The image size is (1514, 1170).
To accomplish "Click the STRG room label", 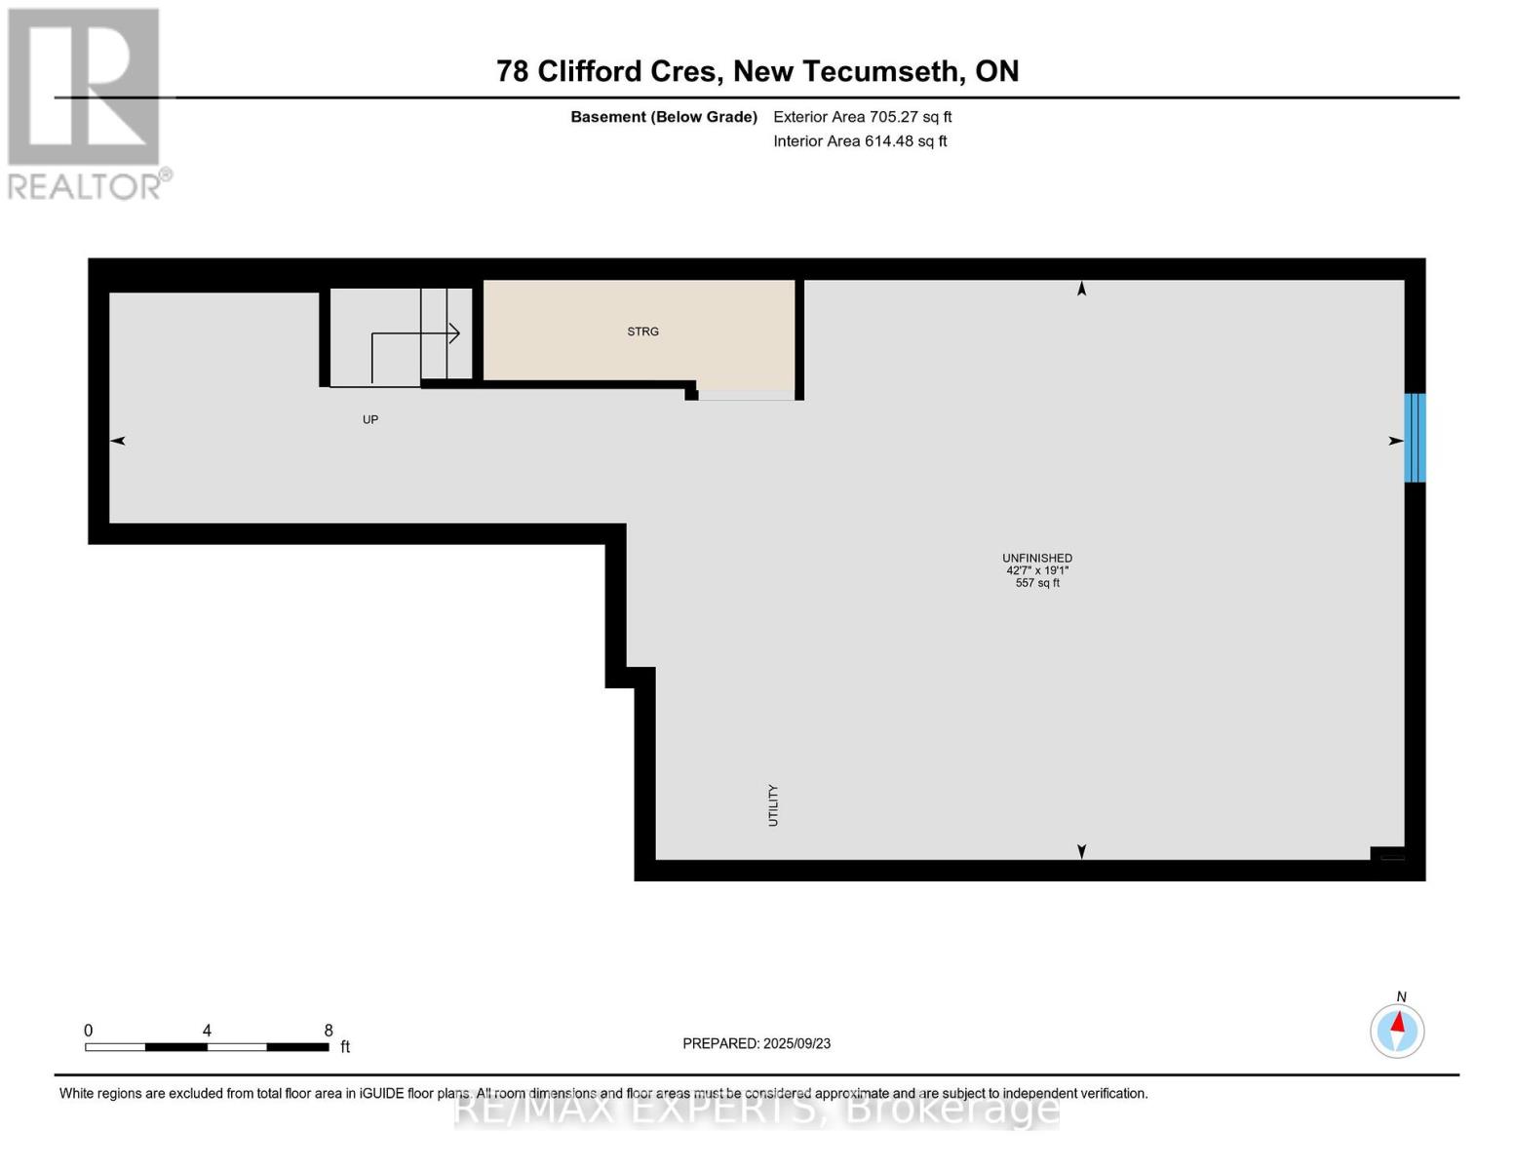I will [x=642, y=331].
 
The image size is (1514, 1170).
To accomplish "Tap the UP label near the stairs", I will [x=370, y=420].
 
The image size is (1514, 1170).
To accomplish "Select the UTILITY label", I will [x=773, y=805].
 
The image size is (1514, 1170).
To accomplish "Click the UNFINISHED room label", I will [x=1037, y=559].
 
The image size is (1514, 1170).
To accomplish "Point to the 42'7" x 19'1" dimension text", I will [x=1037, y=570].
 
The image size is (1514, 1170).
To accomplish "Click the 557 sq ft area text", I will [x=1037, y=583].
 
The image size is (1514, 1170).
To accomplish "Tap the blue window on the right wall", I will [x=1415, y=438].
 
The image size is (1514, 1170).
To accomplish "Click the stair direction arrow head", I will [x=453, y=333].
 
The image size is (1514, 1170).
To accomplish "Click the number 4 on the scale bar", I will [x=207, y=1031].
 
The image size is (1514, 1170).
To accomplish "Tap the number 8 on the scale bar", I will [x=329, y=1031].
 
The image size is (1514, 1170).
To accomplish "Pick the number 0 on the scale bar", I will [x=89, y=1031].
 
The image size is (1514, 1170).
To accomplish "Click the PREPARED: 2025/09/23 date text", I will [x=757, y=1044].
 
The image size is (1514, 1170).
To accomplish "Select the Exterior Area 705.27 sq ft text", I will [x=862, y=117].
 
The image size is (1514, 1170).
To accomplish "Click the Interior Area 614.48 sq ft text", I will [x=860, y=141].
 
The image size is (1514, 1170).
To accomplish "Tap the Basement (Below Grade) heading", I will [x=664, y=117].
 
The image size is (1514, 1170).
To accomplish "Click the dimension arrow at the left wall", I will [x=118, y=442].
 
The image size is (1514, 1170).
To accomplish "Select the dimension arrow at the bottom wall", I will [x=1081, y=851].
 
